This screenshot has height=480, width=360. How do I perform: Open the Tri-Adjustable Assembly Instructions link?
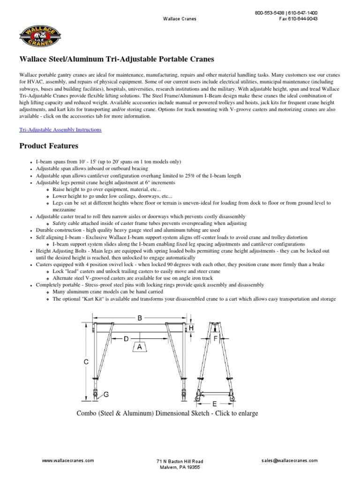coord(60,129)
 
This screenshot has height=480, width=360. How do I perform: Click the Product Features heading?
coord(49,146)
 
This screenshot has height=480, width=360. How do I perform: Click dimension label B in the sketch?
coord(140,318)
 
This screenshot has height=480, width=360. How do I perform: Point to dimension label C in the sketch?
coord(86,362)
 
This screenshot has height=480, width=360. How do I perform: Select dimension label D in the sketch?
coord(126,338)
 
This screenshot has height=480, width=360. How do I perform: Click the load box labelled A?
coord(140,347)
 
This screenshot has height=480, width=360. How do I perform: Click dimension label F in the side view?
coord(216,337)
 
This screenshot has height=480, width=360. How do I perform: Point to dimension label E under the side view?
coord(215,403)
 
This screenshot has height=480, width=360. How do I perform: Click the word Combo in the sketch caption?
coord(87,413)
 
